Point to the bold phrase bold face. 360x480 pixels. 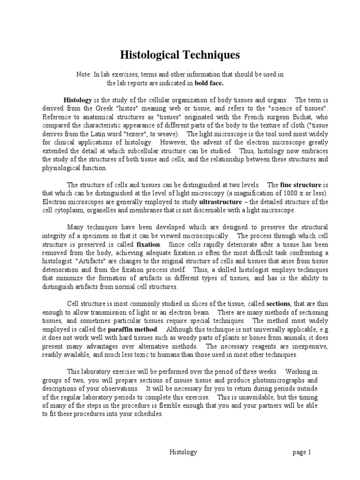[210, 83]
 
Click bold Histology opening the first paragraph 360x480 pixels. [78, 100]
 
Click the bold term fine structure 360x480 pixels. [300, 185]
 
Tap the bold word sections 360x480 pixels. [278, 303]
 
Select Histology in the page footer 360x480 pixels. [182, 452]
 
